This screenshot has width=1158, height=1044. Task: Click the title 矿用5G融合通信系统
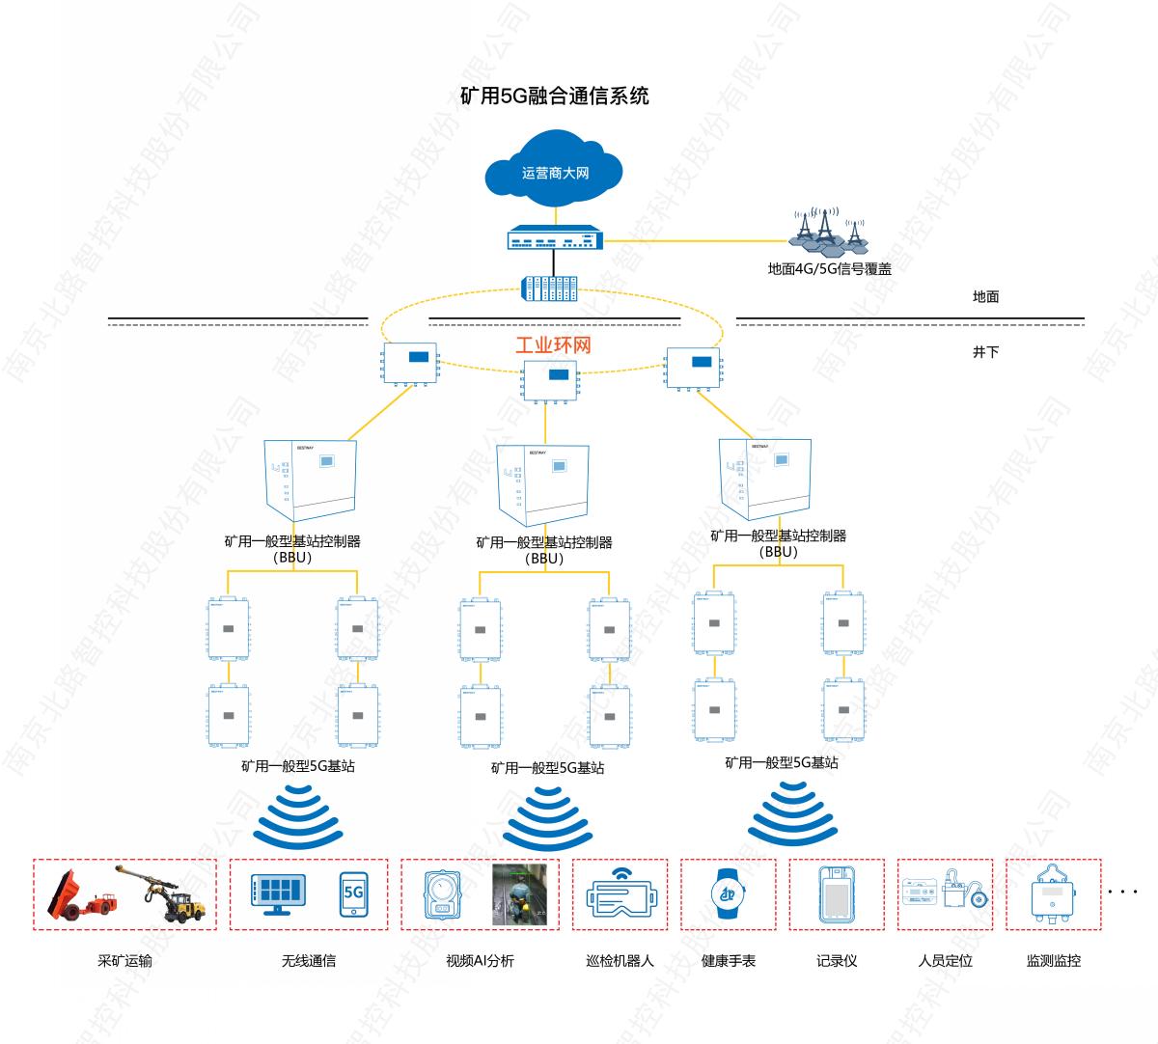[554, 96]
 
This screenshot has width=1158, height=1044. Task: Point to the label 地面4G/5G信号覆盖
[829, 269]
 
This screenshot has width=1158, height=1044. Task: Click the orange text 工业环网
[553, 345]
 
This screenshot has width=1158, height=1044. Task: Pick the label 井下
[985, 352]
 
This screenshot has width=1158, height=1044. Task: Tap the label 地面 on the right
[985, 296]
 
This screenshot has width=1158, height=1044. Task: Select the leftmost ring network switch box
[410, 364]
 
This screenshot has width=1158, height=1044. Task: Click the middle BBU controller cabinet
[542, 484]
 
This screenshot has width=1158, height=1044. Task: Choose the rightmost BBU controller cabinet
[765, 479]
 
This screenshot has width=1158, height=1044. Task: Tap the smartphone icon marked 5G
[353, 893]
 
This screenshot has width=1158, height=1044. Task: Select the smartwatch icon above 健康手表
[728, 894]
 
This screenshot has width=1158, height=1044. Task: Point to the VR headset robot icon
[620, 894]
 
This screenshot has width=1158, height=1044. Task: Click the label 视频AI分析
[480, 961]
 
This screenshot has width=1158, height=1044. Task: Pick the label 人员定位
[945, 961]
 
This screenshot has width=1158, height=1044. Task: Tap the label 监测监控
[1053, 961]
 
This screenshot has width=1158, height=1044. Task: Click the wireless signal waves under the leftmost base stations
[297, 816]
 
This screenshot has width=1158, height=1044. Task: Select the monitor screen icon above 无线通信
[278, 893]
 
